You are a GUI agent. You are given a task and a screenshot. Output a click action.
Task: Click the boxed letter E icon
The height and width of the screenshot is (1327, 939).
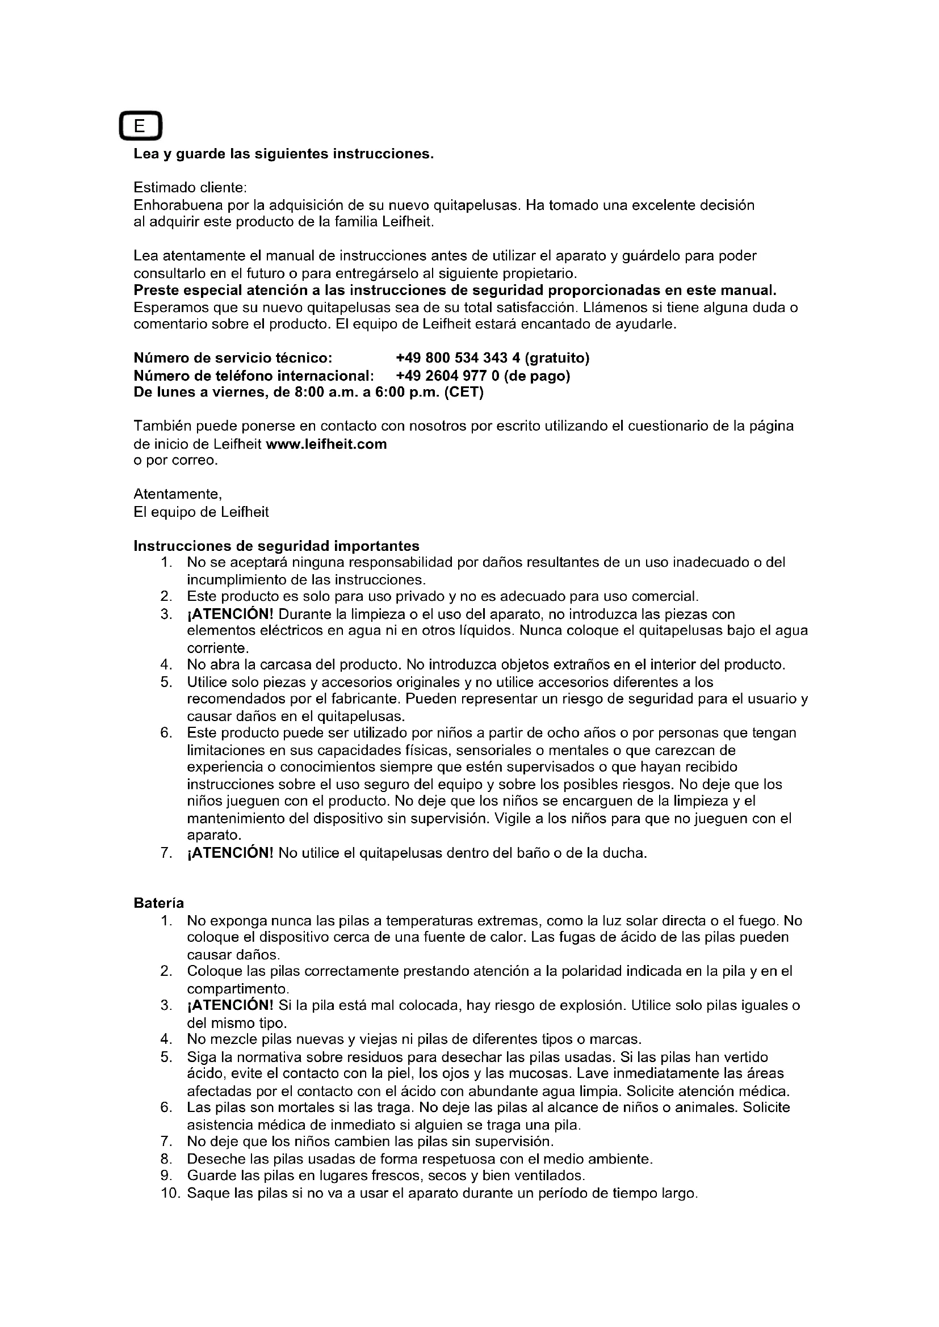point(140,126)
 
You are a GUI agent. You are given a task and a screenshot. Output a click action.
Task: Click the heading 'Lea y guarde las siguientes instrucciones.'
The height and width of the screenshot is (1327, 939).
point(283,154)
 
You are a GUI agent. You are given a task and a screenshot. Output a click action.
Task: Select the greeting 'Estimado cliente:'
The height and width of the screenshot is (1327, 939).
point(190,188)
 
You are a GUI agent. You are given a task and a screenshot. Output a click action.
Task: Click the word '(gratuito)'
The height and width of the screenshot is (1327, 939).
point(557,359)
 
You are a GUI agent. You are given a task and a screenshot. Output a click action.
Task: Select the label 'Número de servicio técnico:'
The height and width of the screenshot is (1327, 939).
point(233,359)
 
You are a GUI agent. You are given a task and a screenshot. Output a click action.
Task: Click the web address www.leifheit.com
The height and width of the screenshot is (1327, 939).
point(326,444)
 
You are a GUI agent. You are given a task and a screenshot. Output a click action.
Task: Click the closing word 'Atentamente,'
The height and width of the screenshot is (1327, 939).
point(178,494)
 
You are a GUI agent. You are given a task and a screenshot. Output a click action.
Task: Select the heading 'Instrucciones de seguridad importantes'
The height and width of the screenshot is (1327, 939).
point(276,546)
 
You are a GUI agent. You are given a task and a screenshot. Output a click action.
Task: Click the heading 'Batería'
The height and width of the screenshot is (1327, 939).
point(159,903)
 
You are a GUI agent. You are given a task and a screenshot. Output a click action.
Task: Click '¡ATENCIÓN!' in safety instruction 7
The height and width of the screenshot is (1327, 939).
point(230,853)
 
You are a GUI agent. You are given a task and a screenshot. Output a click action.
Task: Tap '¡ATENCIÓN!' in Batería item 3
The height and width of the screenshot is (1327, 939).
point(230,1005)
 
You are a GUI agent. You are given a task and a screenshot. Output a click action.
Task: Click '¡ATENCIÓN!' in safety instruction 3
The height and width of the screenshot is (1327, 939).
point(230,614)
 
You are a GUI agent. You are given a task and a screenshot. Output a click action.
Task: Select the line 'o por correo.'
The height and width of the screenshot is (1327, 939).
point(176,461)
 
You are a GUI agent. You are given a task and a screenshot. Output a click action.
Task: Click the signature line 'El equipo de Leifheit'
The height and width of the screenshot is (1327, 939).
point(201,512)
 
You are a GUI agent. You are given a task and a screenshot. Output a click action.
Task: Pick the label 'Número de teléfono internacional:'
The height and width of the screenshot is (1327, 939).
point(254,376)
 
